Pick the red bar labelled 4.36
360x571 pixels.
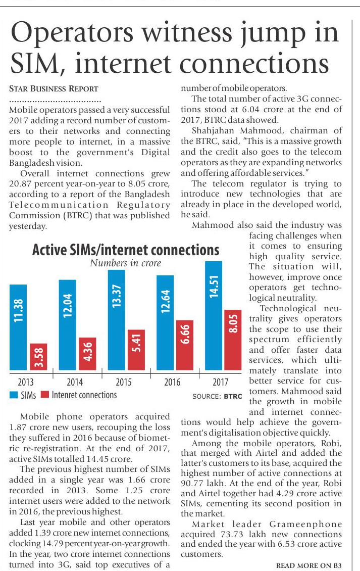[x=88, y=353]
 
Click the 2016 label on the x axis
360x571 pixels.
[x=172, y=382]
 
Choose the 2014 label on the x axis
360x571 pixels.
[x=75, y=382]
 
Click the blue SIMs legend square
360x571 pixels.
[x=14, y=395]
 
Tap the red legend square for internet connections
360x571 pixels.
[x=44, y=395]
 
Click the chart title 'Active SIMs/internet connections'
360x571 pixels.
[x=126, y=250]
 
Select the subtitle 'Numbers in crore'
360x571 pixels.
[x=126, y=263]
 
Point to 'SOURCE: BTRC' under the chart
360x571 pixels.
[x=215, y=397]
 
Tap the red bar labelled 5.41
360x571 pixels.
[x=136, y=349]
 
